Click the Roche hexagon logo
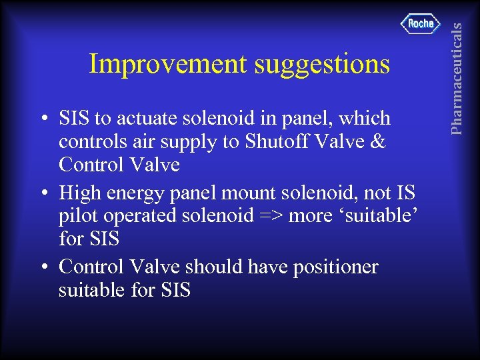point(421,23)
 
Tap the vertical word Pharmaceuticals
point(457,68)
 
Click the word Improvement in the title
point(166,65)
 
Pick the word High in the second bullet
point(79,193)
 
